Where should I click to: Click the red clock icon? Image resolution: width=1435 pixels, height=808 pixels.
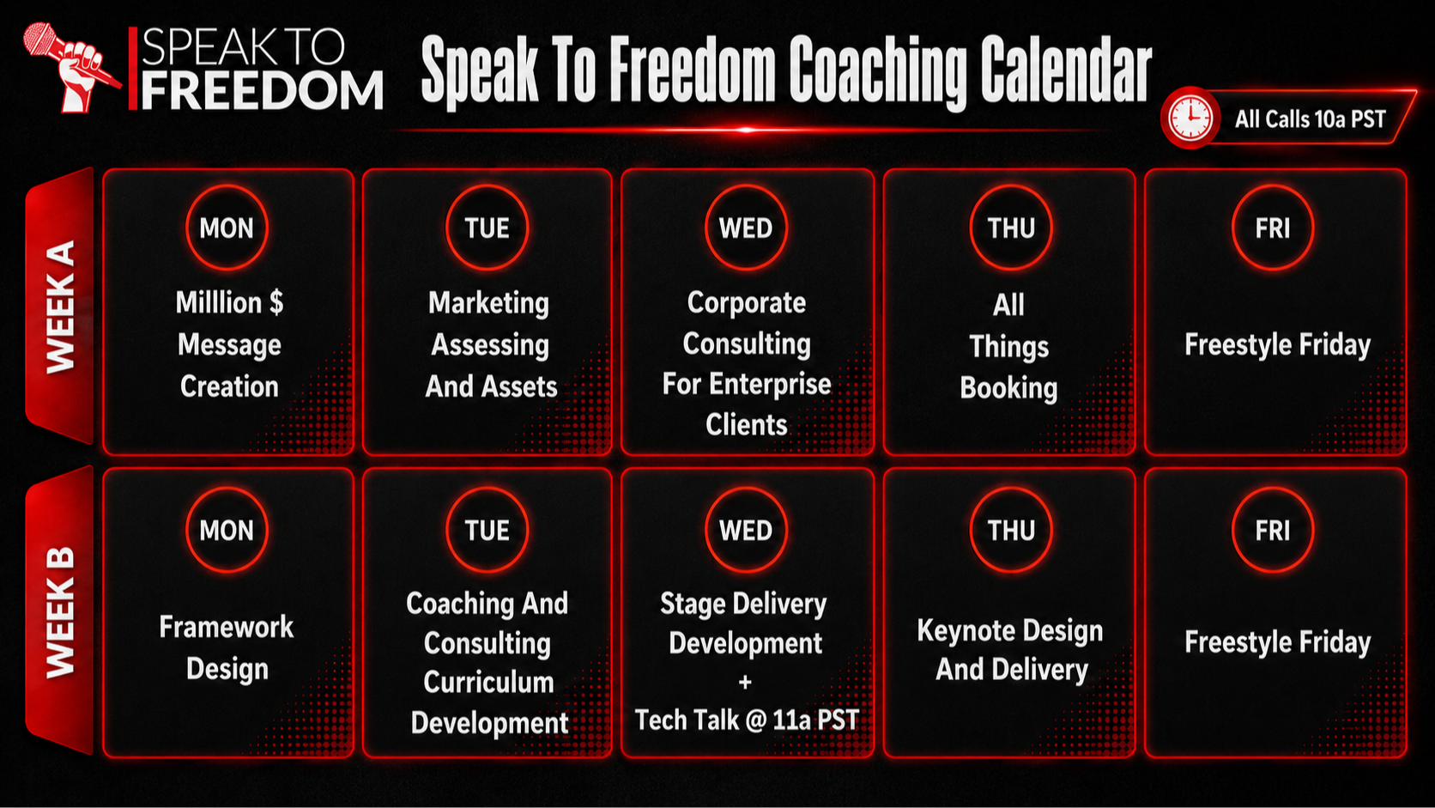tap(1190, 118)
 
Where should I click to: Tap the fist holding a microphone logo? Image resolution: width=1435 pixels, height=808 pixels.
tap(72, 68)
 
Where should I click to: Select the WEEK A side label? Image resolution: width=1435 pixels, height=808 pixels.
tap(60, 307)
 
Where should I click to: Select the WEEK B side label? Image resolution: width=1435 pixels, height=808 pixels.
tap(60, 611)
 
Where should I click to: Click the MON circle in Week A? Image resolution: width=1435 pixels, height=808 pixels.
tap(227, 228)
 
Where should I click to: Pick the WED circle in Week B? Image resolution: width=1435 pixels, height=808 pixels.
tap(746, 530)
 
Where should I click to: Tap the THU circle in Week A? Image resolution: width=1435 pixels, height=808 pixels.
tap(1011, 228)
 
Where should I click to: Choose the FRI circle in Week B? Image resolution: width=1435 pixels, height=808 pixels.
tap(1272, 530)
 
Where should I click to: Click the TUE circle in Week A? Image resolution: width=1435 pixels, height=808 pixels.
tap(487, 228)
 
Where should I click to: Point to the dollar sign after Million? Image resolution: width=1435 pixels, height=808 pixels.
tap(276, 301)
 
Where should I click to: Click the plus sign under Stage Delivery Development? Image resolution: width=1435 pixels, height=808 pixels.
tap(745, 683)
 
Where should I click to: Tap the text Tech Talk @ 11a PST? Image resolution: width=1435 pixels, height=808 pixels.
tap(747, 720)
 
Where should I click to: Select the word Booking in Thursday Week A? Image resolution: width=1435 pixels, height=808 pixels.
tap(1009, 387)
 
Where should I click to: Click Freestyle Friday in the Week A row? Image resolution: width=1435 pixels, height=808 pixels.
tap(1277, 344)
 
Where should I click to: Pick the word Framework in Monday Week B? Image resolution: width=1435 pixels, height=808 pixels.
tap(227, 627)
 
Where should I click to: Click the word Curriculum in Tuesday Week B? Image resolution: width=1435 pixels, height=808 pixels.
tap(488, 683)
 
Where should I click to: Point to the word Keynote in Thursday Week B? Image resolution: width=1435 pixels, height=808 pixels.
tap(963, 630)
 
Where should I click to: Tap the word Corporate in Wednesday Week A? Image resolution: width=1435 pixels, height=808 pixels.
tap(747, 302)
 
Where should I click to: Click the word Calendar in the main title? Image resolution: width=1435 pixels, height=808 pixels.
tap(1066, 70)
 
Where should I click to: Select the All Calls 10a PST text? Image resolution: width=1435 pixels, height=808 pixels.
tap(1310, 119)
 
